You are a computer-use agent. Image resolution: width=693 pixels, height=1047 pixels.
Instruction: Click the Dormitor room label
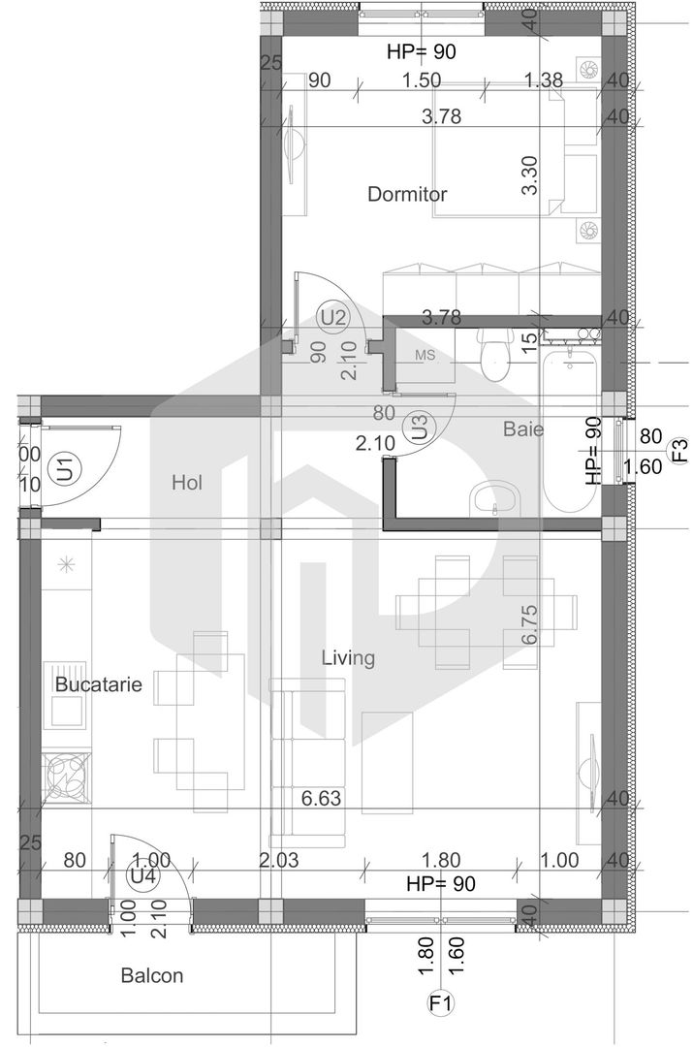click(x=407, y=194)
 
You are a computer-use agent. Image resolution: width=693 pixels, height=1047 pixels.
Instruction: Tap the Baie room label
click(x=523, y=428)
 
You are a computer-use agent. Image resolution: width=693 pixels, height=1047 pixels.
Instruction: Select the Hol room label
click(x=186, y=482)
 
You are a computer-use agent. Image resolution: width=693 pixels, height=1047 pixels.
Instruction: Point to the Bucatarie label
click(x=98, y=684)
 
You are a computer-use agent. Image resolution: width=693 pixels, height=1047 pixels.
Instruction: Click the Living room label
click(x=348, y=658)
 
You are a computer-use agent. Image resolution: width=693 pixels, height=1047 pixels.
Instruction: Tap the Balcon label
click(x=151, y=975)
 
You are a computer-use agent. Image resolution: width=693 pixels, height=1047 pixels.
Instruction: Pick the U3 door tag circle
click(x=419, y=428)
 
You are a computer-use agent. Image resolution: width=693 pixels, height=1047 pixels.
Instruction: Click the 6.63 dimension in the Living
click(x=322, y=799)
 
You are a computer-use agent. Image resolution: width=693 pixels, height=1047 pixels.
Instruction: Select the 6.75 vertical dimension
click(x=529, y=625)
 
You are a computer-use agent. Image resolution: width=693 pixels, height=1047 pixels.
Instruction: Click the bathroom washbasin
click(x=495, y=500)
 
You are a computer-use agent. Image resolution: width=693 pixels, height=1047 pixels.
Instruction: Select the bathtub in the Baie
click(x=570, y=431)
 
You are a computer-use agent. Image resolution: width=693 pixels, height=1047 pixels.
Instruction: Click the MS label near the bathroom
click(x=425, y=356)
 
